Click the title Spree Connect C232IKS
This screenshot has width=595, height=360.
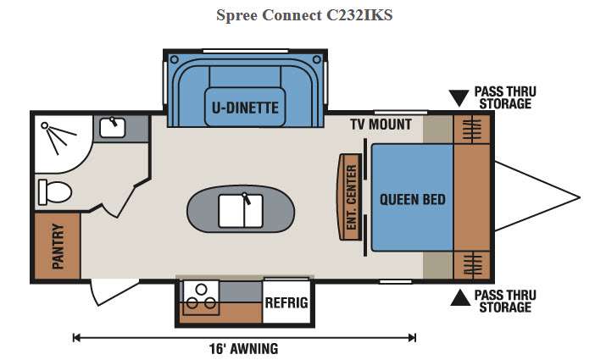(297, 14)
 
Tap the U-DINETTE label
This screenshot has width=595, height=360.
(246, 107)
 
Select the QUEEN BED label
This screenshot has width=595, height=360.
(412, 200)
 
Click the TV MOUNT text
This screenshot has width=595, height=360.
(381, 125)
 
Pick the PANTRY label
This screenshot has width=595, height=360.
(58, 246)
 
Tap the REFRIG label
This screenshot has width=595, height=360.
(286, 303)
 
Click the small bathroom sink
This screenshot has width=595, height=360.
(111, 128)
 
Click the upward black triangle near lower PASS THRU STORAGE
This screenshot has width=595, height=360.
(459, 296)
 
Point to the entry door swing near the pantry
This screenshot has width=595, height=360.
(106, 292)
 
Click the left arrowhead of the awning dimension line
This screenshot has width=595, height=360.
(76, 337)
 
